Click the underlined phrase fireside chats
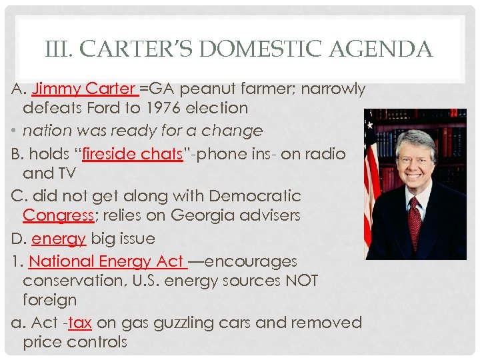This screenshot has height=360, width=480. point(132,154)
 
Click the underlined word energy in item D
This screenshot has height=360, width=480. point(59,239)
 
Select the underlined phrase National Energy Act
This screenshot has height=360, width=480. point(107,261)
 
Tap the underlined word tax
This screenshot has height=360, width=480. point(79,323)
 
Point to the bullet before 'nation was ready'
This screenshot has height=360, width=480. point(15,131)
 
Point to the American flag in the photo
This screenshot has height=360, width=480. point(371,180)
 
